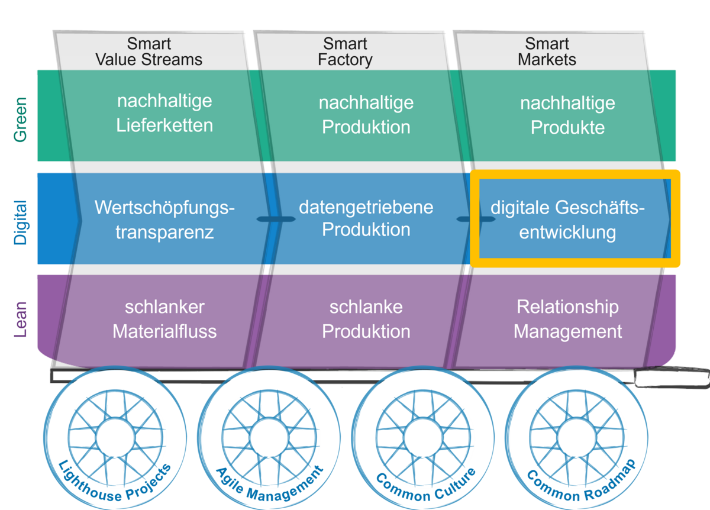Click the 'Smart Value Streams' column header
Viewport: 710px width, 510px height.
point(149,52)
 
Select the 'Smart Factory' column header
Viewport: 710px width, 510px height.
point(345,52)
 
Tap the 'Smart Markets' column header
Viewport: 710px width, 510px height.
point(547,52)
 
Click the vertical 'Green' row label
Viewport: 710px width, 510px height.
point(21,119)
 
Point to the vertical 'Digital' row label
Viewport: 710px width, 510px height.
point(21,222)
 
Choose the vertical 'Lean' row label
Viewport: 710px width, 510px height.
point(21,319)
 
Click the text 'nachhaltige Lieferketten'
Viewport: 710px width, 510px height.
point(164,113)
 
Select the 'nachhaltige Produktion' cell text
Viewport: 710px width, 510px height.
point(366,115)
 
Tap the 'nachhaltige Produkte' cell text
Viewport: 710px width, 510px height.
point(567,115)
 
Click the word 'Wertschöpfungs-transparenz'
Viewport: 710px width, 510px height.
point(164,220)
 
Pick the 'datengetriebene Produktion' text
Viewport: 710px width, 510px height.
point(366,218)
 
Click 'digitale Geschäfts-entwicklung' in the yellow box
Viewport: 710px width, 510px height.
point(567,220)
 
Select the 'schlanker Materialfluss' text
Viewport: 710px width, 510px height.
point(164,319)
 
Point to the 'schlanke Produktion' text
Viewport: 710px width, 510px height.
point(366,319)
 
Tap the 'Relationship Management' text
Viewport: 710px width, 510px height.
point(567,319)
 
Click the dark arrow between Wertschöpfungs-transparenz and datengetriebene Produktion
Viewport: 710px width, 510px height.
point(276,220)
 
